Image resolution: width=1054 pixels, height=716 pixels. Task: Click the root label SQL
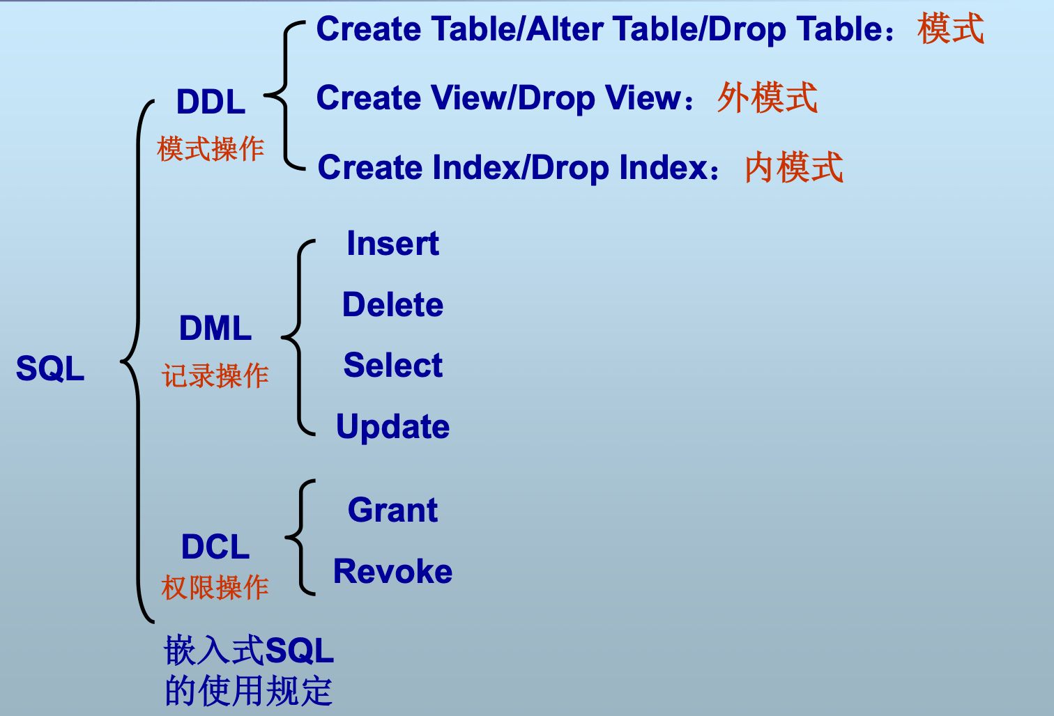coord(50,368)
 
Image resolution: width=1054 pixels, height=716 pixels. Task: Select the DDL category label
coord(211,102)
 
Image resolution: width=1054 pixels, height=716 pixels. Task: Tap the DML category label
coord(215,328)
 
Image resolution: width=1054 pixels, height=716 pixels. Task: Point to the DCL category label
coord(215,547)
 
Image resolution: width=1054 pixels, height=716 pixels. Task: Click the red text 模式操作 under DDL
coord(211,148)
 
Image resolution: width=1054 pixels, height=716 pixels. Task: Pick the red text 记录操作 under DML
coord(215,375)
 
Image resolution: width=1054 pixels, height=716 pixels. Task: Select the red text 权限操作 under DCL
coord(215,587)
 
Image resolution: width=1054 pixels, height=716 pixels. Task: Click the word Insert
coord(392,244)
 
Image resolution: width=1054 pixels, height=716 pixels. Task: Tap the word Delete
coord(392,305)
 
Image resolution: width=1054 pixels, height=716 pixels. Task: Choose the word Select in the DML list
coord(392,366)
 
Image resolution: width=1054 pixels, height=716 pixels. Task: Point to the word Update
coord(392,427)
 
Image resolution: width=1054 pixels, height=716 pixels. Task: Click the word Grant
coord(392,510)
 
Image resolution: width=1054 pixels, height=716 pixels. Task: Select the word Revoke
coord(392,571)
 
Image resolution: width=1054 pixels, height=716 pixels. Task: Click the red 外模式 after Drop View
coord(767,98)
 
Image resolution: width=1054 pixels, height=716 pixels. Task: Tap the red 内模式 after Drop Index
coord(793,168)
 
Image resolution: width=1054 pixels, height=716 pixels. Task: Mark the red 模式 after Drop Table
coord(950,29)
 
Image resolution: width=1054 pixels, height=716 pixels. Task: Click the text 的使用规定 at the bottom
coord(248,691)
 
